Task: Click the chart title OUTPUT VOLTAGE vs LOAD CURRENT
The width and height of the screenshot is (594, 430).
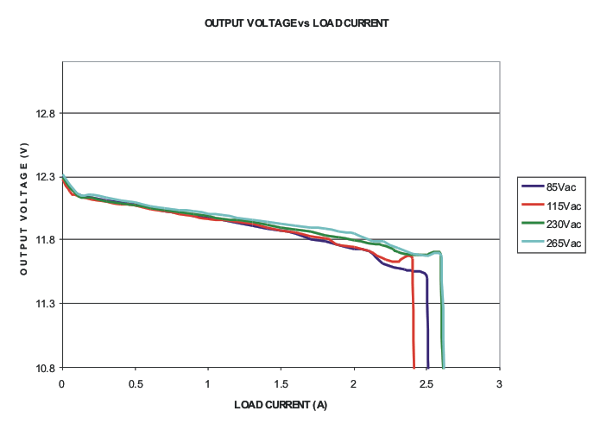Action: point(296,23)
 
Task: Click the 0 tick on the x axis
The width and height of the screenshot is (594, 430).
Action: point(62,382)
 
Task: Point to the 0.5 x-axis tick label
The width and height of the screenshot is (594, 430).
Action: point(135,382)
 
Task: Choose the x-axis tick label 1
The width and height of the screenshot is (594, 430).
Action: point(208,382)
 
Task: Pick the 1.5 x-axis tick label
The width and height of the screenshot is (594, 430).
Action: point(281,382)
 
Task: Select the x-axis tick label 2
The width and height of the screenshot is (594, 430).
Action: point(354,382)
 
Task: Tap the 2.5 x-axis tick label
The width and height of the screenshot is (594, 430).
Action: point(427,382)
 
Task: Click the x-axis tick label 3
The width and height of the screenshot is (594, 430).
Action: point(499,382)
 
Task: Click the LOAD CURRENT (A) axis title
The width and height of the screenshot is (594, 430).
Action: point(281,404)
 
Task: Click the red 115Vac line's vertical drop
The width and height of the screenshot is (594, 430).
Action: point(414,319)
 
